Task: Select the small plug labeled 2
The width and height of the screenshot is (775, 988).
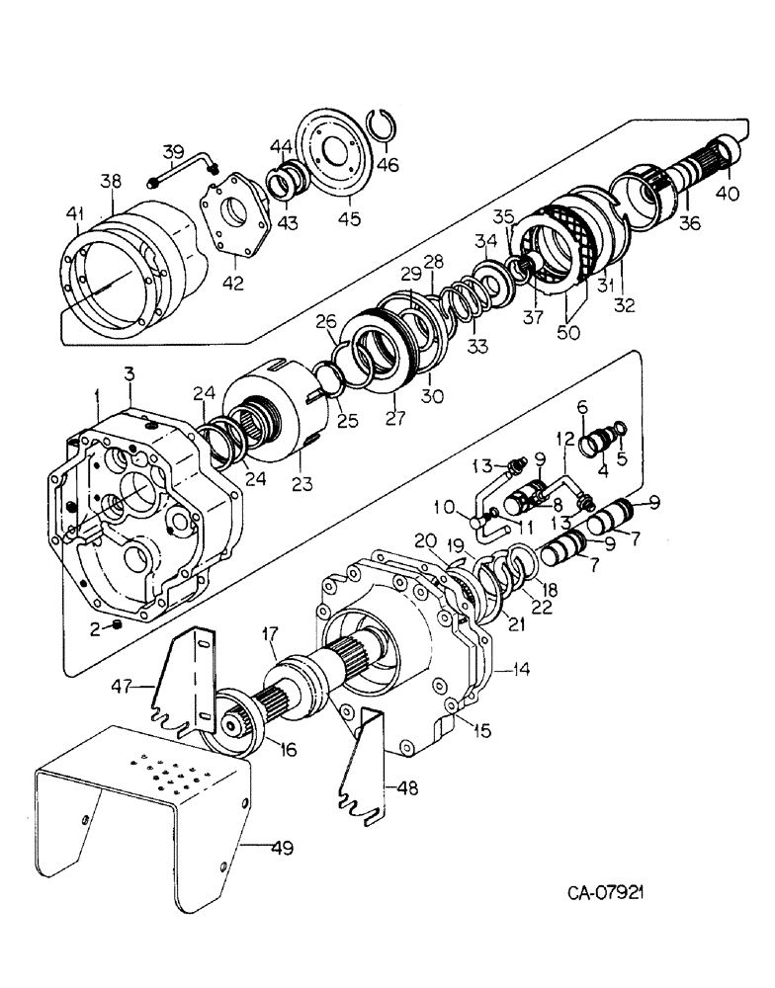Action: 118,625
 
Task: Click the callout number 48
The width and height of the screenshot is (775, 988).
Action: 406,788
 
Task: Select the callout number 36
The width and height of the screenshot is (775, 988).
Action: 689,224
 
